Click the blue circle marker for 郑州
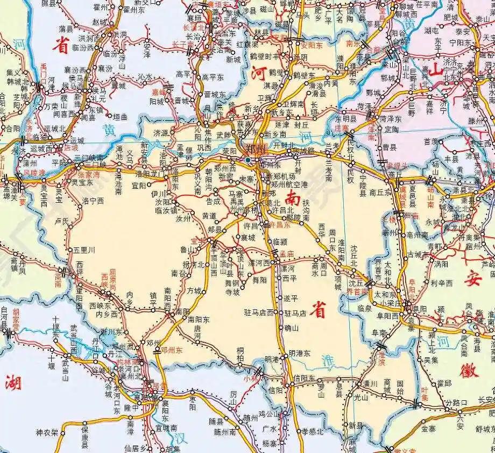click(x=247, y=160)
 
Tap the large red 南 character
click(x=294, y=198)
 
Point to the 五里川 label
click(x=84, y=250)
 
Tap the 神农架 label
click(x=47, y=432)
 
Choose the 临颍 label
click(x=280, y=242)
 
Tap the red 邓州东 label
click(x=173, y=350)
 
